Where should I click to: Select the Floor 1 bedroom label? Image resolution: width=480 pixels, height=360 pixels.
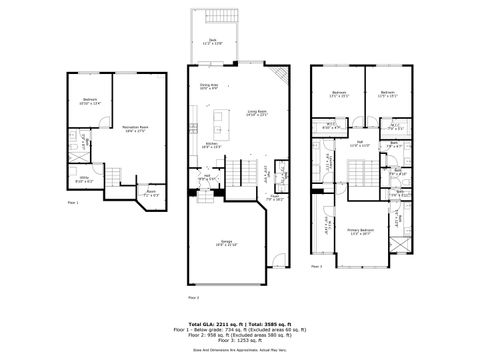90,102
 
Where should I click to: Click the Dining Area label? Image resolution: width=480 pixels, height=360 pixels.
208,88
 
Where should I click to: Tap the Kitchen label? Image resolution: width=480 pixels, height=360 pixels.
211,145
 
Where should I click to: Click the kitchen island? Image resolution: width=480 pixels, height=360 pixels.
217,126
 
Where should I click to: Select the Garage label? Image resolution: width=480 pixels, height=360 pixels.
230,243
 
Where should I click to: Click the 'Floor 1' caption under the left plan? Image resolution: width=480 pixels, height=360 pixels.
73,203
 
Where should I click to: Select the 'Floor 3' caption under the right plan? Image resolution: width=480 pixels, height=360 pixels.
316,266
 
